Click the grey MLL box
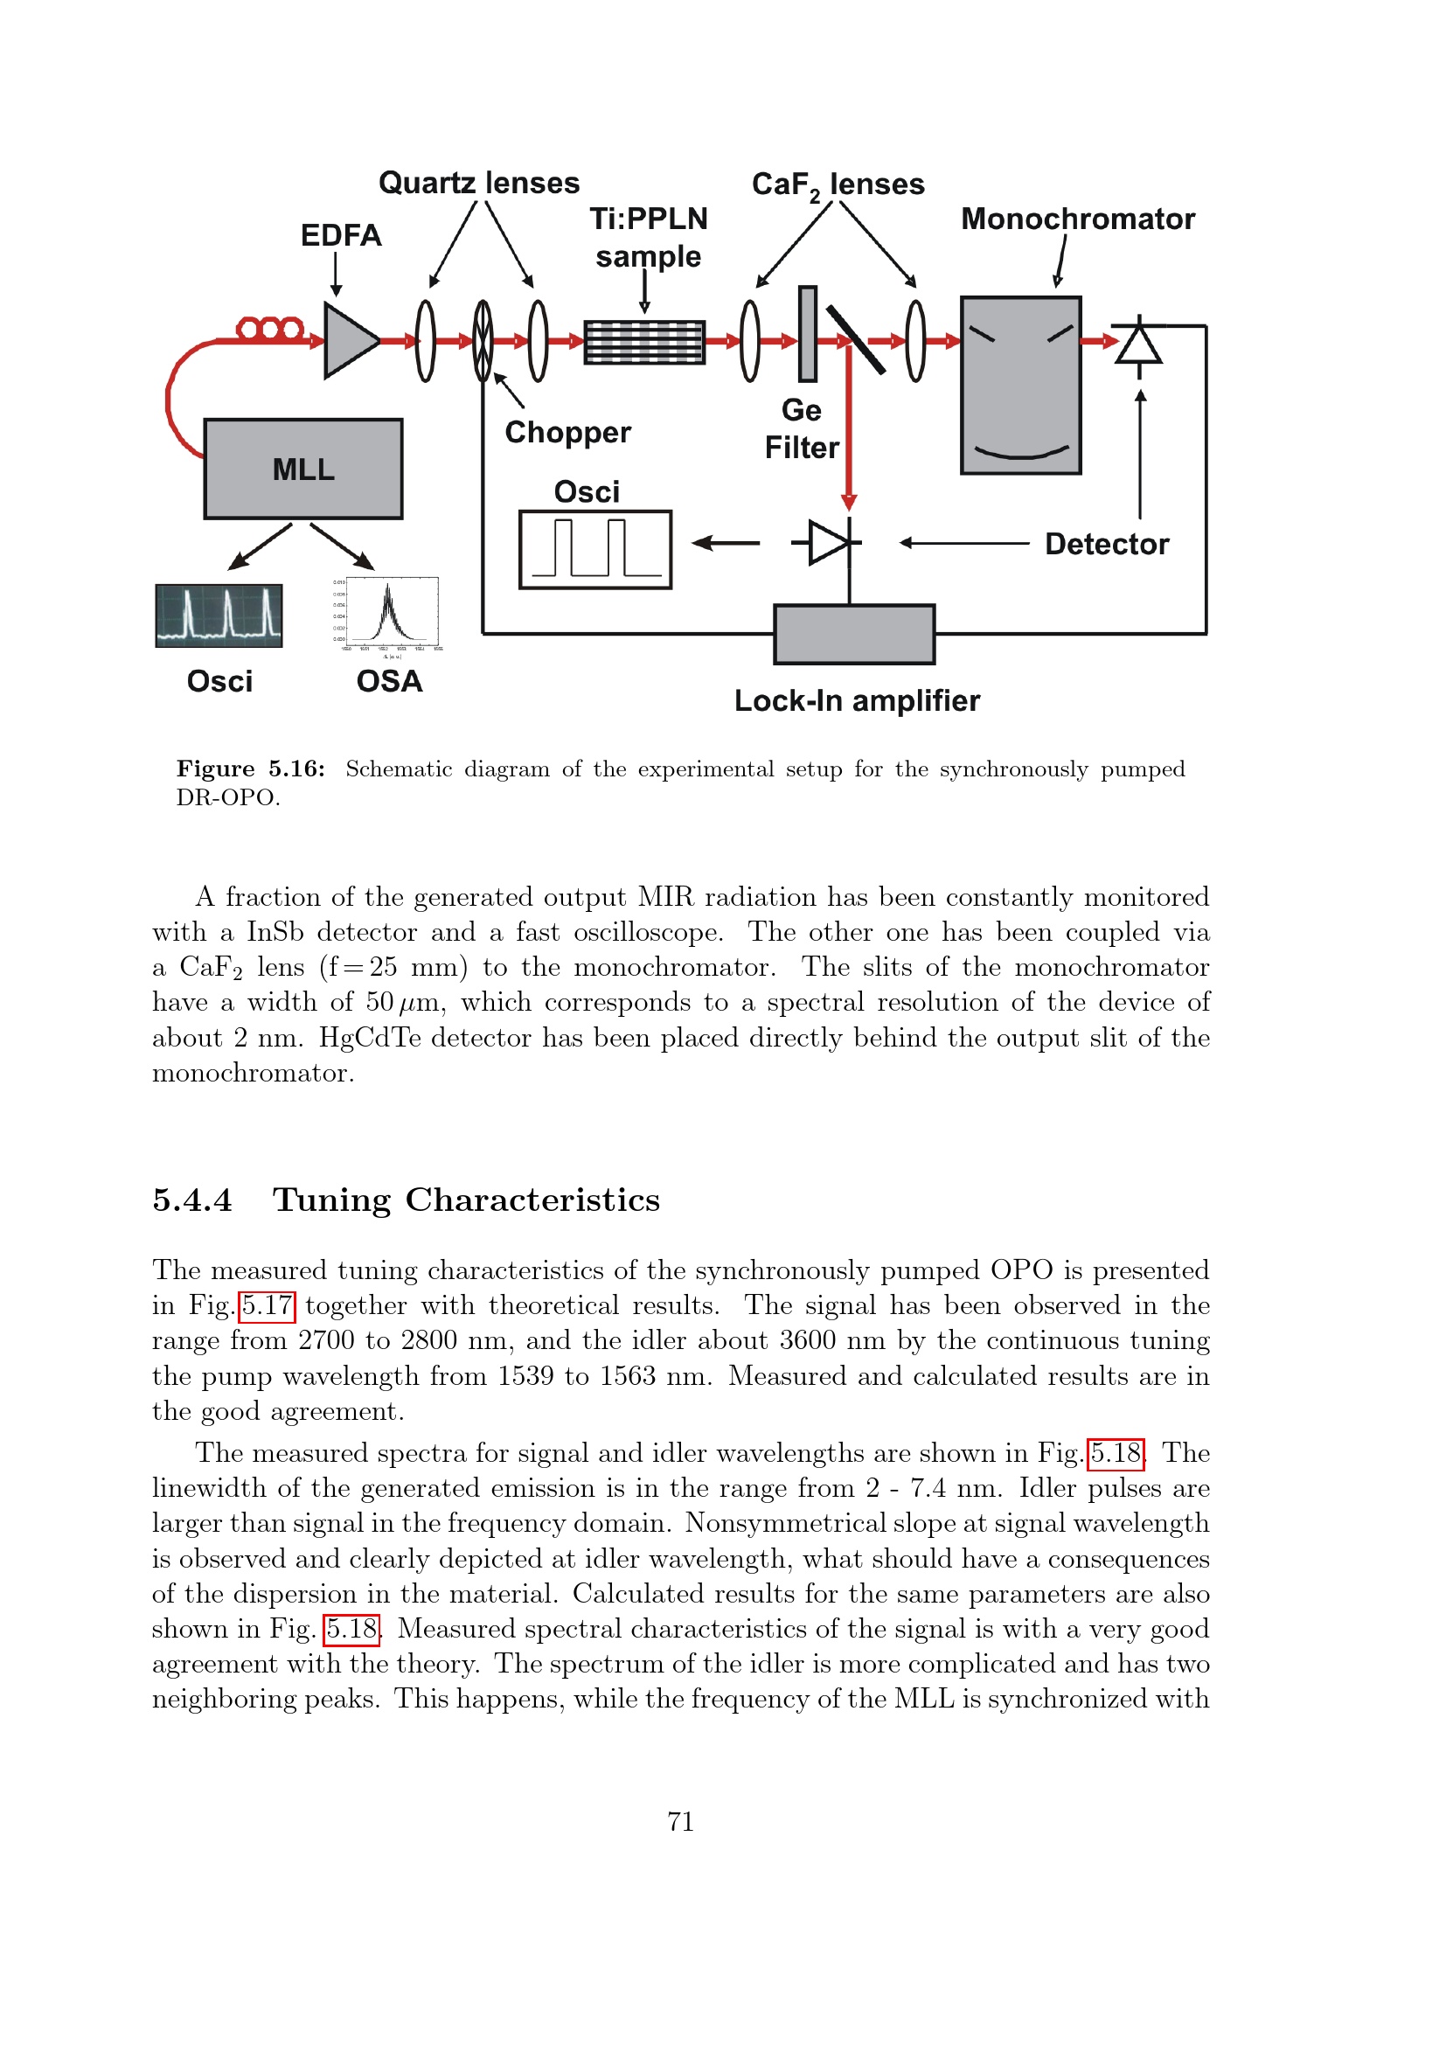click(302, 469)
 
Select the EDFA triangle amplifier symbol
click(350, 340)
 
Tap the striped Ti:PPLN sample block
click(643, 342)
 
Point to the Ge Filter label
click(802, 428)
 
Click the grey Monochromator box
click(1020, 385)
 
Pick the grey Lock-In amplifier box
click(854, 634)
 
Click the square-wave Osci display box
click(594, 550)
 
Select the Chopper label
click(567, 433)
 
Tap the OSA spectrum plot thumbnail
click(391, 613)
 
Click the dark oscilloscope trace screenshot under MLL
click(219, 616)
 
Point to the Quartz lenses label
click(479, 183)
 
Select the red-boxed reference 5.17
click(268, 1305)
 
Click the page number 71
click(680, 1821)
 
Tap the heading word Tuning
click(331, 1200)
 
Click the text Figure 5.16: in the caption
click(250, 769)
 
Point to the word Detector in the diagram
click(1106, 544)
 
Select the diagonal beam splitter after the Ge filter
click(855, 340)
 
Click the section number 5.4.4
click(192, 1200)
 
